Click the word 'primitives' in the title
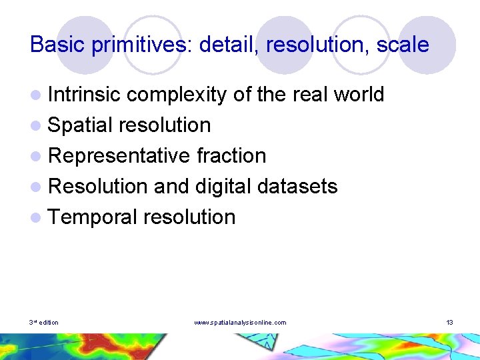coord(134,45)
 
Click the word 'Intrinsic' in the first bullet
coord(84,95)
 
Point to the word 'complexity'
coord(177,95)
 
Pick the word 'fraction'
coord(231,156)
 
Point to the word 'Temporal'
coord(93,217)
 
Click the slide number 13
coord(450,323)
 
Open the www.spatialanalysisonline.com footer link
coord(240,323)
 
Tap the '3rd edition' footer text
coord(44,323)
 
